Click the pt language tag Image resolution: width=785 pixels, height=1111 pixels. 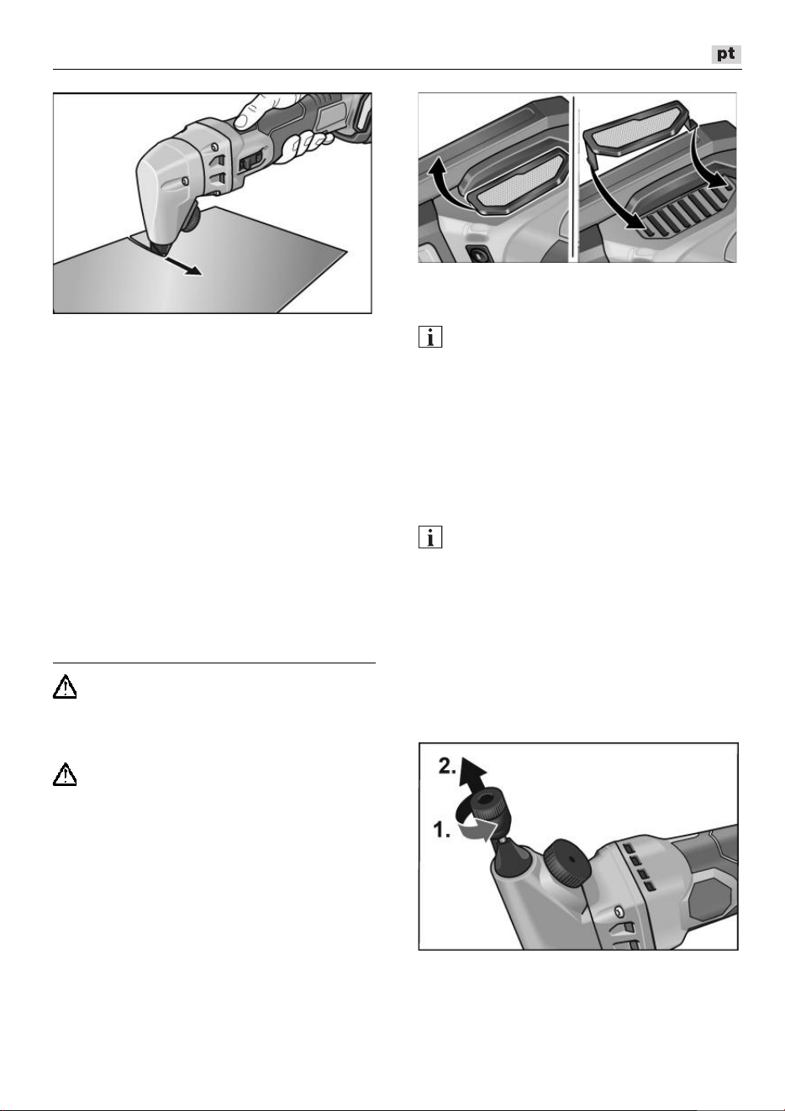click(726, 54)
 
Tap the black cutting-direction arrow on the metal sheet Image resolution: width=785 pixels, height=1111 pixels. click(183, 265)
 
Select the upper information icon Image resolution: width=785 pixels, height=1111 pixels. click(430, 337)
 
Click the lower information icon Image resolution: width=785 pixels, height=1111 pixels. click(430, 537)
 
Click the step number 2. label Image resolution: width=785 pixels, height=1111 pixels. click(447, 767)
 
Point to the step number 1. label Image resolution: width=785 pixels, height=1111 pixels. click(442, 829)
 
